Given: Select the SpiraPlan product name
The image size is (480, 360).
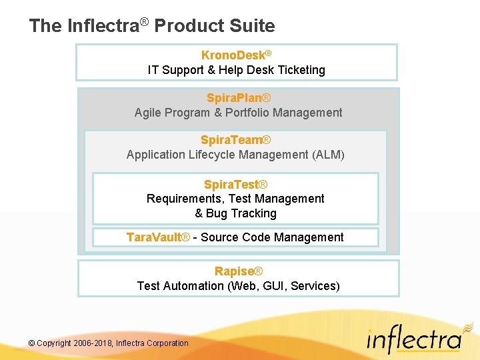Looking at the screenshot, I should [x=234, y=98].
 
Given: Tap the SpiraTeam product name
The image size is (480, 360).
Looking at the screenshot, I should [x=231, y=140].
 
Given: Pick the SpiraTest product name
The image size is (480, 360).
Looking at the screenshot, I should [x=231, y=184].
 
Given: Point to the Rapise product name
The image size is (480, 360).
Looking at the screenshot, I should [x=234, y=271].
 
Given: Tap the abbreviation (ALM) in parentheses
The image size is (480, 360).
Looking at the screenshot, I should [x=328, y=155].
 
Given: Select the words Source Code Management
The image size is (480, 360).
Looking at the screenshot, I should [x=272, y=237].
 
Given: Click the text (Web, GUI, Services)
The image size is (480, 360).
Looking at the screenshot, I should [x=283, y=286].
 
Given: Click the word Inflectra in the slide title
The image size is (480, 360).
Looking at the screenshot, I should [x=103, y=26].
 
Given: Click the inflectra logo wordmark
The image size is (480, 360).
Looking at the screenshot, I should [x=414, y=341].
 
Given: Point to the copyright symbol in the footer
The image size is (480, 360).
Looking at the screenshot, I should [x=32, y=343].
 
